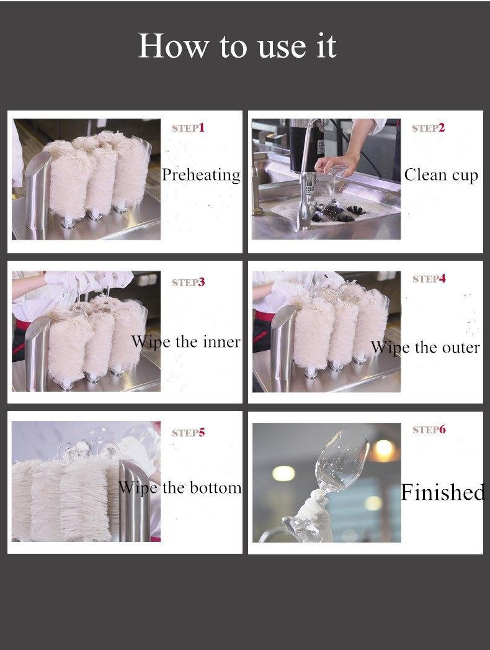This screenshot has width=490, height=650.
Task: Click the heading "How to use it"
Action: click(237, 45)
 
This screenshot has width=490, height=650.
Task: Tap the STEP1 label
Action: click(189, 128)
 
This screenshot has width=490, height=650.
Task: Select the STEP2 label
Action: click(428, 128)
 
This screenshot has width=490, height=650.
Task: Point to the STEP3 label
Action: click(189, 282)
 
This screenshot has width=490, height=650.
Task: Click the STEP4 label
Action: click(429, 279)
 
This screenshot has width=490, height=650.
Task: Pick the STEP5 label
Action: click(189, 433)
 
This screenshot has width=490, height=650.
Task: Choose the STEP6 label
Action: click(429, 430)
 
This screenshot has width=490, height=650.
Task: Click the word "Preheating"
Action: click(202, 175)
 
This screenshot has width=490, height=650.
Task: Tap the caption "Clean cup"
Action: click(441, 175)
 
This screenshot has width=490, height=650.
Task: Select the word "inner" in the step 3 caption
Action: click(221, 342)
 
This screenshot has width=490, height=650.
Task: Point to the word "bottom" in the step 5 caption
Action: click(216, 487)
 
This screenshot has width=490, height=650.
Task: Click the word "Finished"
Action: click(443, 492)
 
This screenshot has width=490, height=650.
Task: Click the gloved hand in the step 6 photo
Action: click(311, 514)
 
